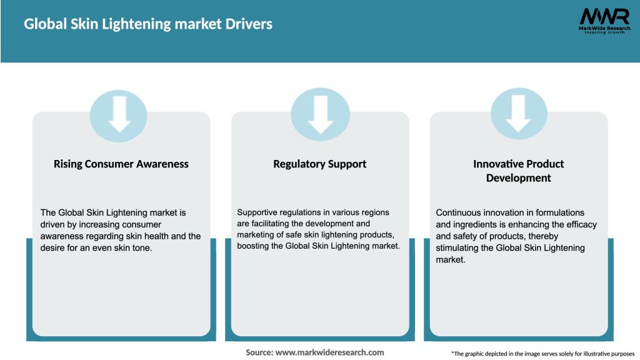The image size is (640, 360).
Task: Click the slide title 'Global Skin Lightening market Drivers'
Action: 148,24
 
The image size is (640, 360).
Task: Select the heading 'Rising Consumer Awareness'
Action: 121,164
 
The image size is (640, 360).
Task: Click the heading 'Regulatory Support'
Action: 320,164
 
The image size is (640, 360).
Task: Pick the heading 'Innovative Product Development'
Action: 518,171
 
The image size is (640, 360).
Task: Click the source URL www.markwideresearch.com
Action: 329,352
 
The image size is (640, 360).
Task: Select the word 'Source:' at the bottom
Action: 259,352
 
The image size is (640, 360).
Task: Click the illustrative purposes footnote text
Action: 542,354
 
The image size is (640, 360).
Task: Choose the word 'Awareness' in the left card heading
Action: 161,164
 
